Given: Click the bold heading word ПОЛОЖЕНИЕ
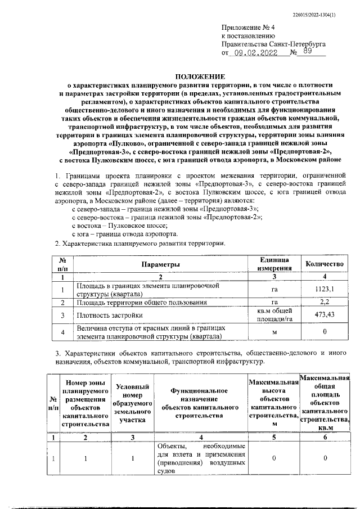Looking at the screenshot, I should click(199, 76).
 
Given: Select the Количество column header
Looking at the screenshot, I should click(324, 264).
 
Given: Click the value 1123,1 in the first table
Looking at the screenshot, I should click(324, 290).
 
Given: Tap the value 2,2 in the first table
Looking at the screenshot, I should click(324, 303).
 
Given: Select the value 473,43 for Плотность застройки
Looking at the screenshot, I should click(324, 315).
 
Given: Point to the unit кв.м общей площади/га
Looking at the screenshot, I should click(274, 315).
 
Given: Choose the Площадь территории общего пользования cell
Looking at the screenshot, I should click(137, 303).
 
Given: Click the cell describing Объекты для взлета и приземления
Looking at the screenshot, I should click(200, 459).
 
